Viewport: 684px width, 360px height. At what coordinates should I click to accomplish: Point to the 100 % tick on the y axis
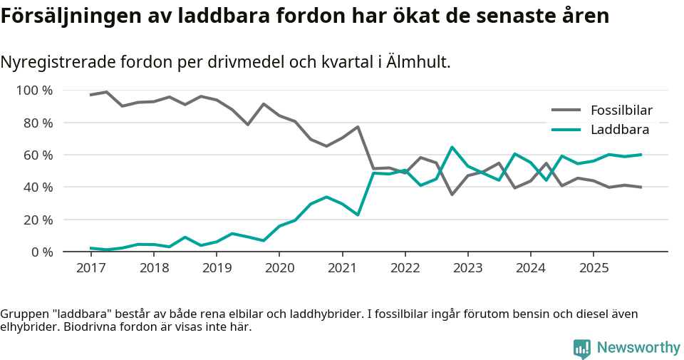(x=34, y=91)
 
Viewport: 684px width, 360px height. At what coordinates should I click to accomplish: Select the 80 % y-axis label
(x=37, y=123)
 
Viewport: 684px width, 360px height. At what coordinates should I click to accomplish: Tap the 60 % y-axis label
(x=37, y=155)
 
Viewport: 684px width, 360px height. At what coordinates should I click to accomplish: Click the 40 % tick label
(x=37, y=187)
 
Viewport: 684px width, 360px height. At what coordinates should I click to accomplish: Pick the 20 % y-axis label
(x=37, y=220)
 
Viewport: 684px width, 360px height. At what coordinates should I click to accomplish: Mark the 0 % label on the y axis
(x=41, y=252)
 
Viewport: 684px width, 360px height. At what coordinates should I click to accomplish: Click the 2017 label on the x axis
(x=90, y=268)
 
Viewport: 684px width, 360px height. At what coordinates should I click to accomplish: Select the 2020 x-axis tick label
(x=279, y=268)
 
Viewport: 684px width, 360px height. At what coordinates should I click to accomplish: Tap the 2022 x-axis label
(x=405, y=268)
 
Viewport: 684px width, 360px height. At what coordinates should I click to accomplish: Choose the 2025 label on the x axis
(x=594, y=268)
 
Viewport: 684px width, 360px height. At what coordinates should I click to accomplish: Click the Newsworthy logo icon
(x=582, y=348)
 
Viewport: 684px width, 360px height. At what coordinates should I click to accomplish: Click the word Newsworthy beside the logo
(x=638, y=348)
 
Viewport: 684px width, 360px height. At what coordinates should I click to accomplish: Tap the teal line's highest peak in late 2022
(x=452, y=148)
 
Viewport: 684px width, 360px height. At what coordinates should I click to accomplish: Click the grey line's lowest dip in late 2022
(x=452, y=194)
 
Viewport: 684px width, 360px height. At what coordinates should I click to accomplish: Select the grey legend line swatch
(x=566, y=110)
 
